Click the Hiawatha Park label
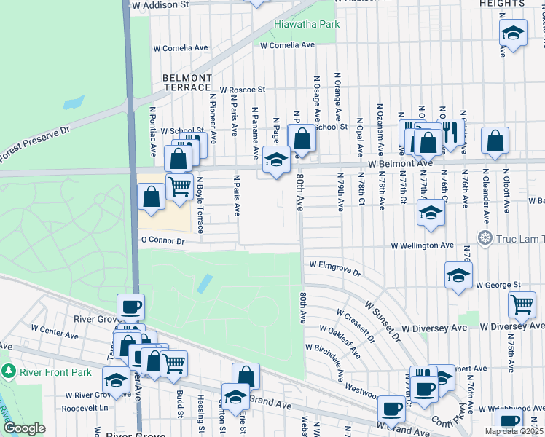coord(307,24)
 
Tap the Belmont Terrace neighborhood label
coord(187,82)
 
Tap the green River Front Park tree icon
coord(8,371)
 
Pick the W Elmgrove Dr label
coord(335,269)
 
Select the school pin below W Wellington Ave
coord(458,275)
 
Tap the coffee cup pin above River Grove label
coord(131,307)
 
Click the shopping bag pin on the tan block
coord(151,197)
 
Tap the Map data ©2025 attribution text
coord(514,431)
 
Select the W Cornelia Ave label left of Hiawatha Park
coord(180,48)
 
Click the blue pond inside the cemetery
coord(205,283)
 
